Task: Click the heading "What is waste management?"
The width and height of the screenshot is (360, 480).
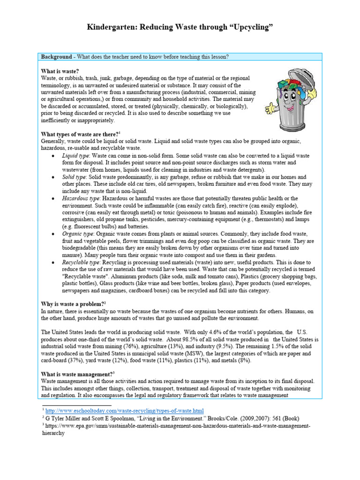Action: (77, 374)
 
